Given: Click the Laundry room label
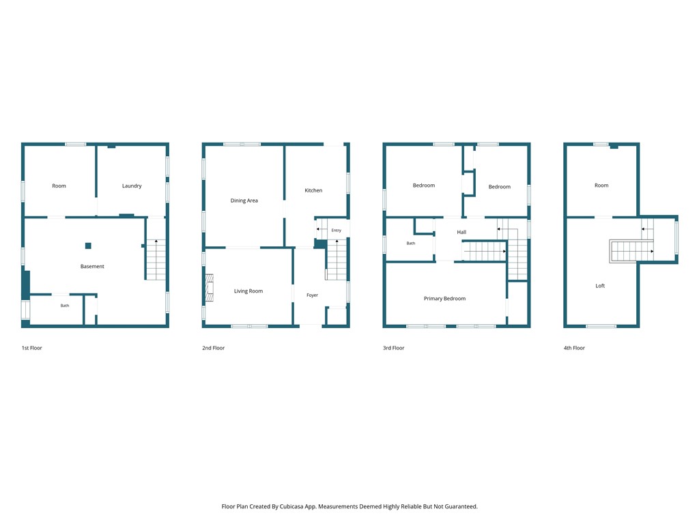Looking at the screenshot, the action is click(x=132, y=186).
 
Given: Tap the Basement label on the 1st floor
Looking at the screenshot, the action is click(x=92, y=267).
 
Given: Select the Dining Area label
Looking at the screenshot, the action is click(x=244, y=201).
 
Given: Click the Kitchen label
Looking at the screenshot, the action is click(x=313, y=190).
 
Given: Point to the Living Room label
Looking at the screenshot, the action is click(x=248, y=291).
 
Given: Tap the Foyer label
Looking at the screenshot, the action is click(x=312, y=295).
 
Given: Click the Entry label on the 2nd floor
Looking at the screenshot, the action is click(x=336, y=231).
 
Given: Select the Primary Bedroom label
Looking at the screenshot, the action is click(x=444, y=299).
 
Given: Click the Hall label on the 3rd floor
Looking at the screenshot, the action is click(x=461, y=232).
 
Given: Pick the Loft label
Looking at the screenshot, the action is click(x=600, y=286).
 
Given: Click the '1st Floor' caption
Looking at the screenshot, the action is click(x=31, y=348).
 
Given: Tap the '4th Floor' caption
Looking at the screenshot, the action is click(x=574, y=348).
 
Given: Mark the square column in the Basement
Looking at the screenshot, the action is click(x=88, y=246).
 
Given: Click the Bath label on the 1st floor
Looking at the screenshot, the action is click(x=65, y=306).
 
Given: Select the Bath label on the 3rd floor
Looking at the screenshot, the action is click(x=410, y=244).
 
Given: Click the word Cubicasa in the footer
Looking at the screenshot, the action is click(x=292, y=507).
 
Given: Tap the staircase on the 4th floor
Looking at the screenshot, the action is click(x=631, y=251).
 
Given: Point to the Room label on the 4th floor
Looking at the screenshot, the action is click(x=601, y=186).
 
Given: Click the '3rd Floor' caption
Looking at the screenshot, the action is click(x=394, y=348).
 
